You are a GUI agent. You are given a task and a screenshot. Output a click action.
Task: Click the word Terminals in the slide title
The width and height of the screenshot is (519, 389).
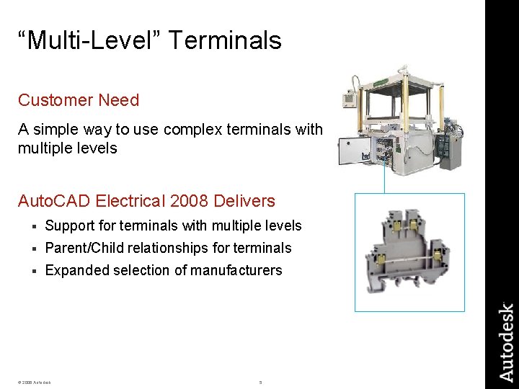click(226, 40)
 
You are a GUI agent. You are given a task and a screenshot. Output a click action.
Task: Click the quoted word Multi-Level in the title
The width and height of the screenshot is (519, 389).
click(92, 40)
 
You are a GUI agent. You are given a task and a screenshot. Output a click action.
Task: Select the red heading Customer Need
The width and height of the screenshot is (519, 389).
click(79, 100)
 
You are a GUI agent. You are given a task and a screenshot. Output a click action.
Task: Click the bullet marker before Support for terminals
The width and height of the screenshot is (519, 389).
click(34, 226)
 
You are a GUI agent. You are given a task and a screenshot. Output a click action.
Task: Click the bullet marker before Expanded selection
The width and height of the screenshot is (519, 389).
click(34, 271)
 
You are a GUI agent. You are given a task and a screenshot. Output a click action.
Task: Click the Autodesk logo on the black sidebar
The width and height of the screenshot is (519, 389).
click(507, 342)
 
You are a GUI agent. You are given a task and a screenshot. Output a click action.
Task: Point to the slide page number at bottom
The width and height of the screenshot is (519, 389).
click(260, 382)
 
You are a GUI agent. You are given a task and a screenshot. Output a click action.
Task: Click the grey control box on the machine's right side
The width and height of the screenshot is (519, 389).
click(449, 148)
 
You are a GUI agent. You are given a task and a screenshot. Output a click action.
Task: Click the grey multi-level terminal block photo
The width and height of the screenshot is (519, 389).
click(409, 251)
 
